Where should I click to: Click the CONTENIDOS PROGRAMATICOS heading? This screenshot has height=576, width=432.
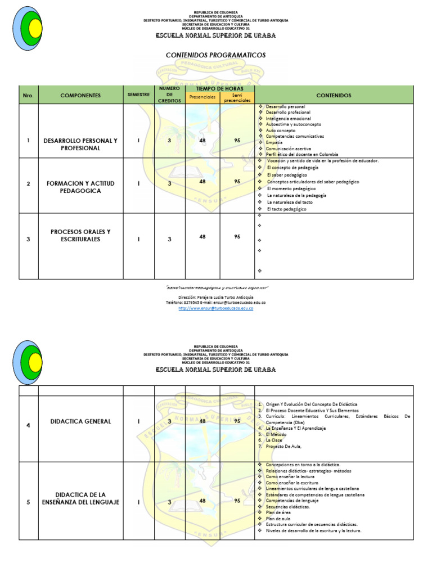(215, 55)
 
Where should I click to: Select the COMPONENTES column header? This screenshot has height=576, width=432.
(80, 96)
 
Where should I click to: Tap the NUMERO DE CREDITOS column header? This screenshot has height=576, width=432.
(169, 95)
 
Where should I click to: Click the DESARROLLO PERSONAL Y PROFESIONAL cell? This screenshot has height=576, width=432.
(80, 145)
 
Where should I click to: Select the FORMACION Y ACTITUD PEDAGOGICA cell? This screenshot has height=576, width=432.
(80, 186)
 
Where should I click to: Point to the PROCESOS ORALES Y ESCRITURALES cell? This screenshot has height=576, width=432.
(80, 236)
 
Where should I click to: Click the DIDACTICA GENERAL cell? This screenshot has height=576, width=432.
(80, 421)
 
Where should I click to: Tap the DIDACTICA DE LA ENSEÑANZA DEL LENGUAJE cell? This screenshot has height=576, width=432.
(80, 498)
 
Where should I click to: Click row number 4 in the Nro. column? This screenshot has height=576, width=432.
(28, 425)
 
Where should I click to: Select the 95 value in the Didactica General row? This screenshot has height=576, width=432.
(237, 421)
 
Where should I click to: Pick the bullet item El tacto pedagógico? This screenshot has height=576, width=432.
(286, 209)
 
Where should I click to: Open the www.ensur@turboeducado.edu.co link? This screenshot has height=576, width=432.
(215, 308)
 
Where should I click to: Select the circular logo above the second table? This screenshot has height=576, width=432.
(28, 361)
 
